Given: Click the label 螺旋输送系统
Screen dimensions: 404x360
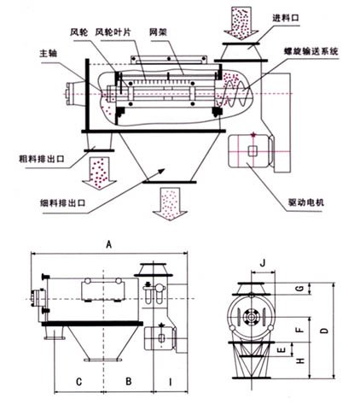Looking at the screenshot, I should coord(314,54).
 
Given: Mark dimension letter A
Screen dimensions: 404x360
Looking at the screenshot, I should coord(108,244).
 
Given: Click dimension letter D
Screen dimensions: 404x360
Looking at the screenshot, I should coord(322,329).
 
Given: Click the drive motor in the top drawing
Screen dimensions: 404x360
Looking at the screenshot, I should coord(255,151).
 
